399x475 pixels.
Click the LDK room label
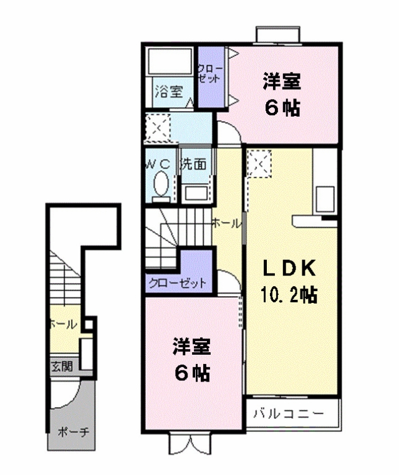pyautogui.click(x=289, y=268)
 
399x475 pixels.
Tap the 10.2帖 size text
pyautogui.click(x=289, y=294)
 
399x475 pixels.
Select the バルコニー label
pyautogui.click(x=289, y=413)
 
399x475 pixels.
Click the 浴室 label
pyautogui.click(x=169, y=91)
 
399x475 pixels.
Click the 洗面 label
pyautogui.click(x=194, y=164)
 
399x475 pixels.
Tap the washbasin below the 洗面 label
pyautogui.click(x=196, y=193)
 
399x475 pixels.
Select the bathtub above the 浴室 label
pyautogui.click(x=169, y=61)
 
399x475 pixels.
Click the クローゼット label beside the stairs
pyautogui.click(x=177, y=284)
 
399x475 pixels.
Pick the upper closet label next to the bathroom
pyautogui.click(x=209, y=74)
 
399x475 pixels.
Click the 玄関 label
pyautogui.click(x=62, y=367)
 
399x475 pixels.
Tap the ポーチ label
pyautogui.click(x=74, y=432)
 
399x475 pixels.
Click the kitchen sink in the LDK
pyautogui.click(x=325, y=199)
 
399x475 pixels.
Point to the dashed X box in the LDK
pyautogui.click(x=259, y=163)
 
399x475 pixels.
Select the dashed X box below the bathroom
pyautogui.click(x=158, y=128)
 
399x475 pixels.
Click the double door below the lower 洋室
pyautogui.click(x=190, y=444)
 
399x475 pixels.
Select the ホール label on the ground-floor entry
pyautogui.click(x=63, y=324)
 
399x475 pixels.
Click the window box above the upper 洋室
pyautogui.click(x=278, y=34)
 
